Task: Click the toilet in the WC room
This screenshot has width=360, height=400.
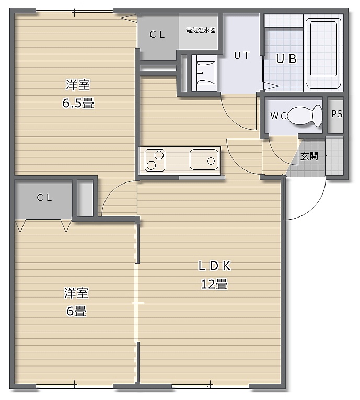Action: [x=305, y=116]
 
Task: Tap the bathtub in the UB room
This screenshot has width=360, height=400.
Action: [x=323, y=53]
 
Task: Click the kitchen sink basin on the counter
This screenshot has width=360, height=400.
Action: [x=204, y=159]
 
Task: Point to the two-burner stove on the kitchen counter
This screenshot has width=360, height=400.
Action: [x=155, y=160]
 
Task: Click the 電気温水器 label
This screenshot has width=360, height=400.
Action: [x=201, y=30]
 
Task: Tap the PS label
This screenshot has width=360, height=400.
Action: [x=337, y=114]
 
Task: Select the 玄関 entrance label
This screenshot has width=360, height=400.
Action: [x=309, y=156]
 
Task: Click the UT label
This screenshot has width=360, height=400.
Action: [x=242, y=55]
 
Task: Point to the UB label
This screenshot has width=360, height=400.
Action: [x=286, y=59]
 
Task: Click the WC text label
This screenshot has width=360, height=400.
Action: [x=278, y=116]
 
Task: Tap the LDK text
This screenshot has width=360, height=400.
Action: [x=215, y=266]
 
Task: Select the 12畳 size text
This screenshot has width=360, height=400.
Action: [x=214, y=284]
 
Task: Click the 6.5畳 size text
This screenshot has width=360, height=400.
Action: [x=78, y=104]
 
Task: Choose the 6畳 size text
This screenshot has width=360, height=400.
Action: [x=76, y=311]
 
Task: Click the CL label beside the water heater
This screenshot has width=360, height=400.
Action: [x=157, y=35]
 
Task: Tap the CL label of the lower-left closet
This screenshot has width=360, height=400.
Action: [x=44, y=198]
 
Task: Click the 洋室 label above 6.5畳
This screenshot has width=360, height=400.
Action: [x=78, y=85]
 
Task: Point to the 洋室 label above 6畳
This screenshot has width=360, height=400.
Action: [x=76, y=293]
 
